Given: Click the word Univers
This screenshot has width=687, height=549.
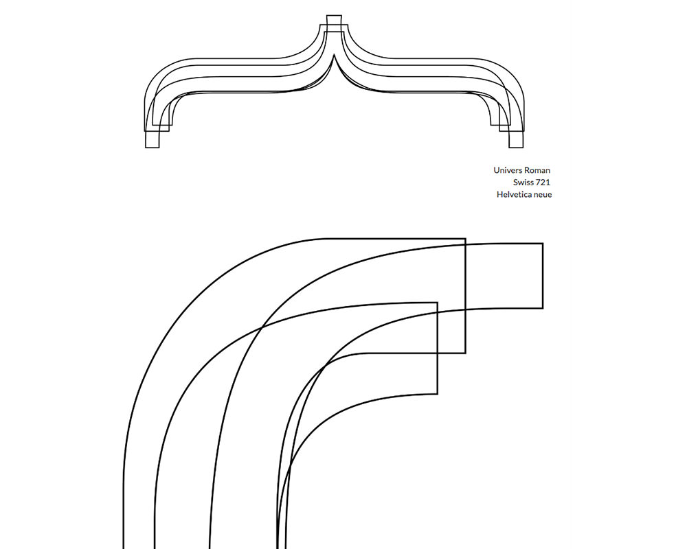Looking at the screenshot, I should coord(508,170).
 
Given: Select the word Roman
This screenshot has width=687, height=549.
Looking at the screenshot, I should coord(537,170).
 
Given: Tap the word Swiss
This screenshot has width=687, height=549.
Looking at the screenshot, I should coord(523,183).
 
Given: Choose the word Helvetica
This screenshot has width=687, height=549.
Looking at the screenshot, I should coord(515,194).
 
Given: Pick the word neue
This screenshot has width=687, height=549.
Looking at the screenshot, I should coord(543,195).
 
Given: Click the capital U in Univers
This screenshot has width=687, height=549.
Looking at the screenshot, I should coord(496,170).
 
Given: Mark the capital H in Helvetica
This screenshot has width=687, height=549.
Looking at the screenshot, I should coord(499,194).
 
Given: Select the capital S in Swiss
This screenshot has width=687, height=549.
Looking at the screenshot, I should coord(515,183).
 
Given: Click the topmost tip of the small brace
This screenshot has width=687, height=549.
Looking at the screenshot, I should coord(334,15).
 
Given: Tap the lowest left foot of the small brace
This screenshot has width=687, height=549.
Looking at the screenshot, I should coord(153,148).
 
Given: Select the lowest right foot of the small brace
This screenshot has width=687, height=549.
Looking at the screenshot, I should coord(516,148).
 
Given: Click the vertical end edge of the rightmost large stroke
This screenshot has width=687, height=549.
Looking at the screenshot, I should coord(543,276).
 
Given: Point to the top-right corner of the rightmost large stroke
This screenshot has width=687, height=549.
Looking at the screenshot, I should coord(543,244).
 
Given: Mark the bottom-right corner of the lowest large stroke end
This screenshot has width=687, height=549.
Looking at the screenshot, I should coord(438,394).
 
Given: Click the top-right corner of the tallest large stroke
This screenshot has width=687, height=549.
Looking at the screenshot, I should coord(466,239).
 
